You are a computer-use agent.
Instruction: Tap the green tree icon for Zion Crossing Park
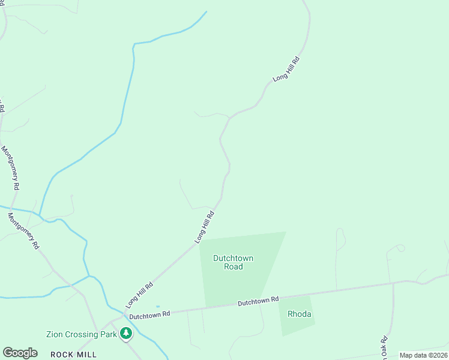click(125, 333)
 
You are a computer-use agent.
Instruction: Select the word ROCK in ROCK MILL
click(62, 355)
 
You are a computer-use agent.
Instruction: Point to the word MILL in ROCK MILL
click(86, 355)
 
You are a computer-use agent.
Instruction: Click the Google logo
click(20, 353)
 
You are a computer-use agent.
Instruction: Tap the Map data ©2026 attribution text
click(423, 355)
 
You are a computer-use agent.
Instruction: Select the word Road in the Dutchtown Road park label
click(233, 266)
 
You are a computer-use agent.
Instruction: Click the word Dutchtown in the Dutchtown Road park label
click(233, 258)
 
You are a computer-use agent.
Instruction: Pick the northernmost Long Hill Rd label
click(286, 69)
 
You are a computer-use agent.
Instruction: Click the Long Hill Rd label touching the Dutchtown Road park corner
click(205, 227)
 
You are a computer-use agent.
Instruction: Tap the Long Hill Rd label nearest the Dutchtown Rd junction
click(139, 293)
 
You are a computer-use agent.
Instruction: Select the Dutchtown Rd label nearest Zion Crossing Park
click(149, 313)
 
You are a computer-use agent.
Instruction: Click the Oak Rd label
click(384, 347)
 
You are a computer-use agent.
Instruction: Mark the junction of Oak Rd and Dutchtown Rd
click(393, 283)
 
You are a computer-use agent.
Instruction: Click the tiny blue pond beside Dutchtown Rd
click(157, 307)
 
